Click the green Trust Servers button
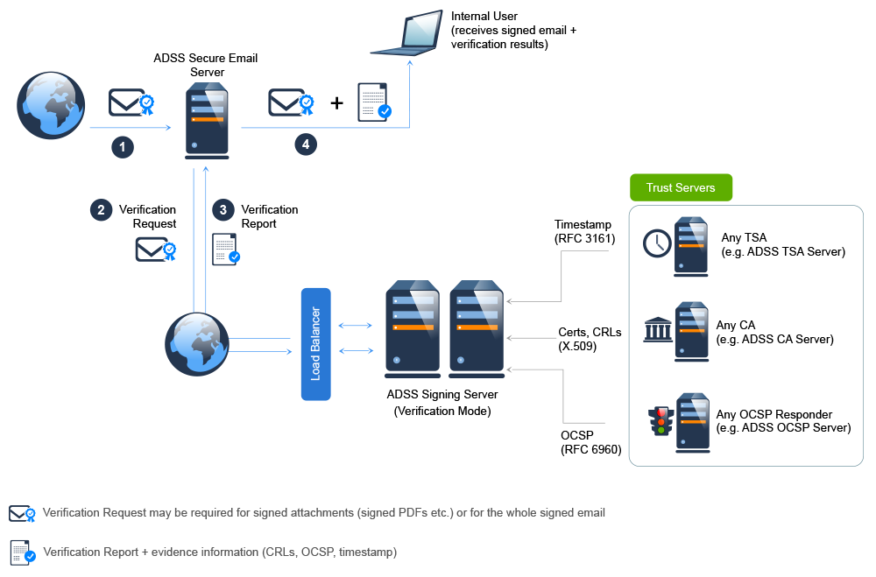tap(681, 187)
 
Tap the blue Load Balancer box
tap(316, 344)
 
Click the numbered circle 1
tap(123, 147)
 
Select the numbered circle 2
tap(102, 209)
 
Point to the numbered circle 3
tap(223, 209)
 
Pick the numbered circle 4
tap(305, 145)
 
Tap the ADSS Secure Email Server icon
tap(207, 121)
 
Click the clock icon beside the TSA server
tap(656, 243)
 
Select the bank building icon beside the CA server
tap(658, 332)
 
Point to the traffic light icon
tap(661, 421)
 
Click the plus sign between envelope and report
tap(336, 103)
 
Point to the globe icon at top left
tap(52, 106)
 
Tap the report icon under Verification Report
tap(227, 250)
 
